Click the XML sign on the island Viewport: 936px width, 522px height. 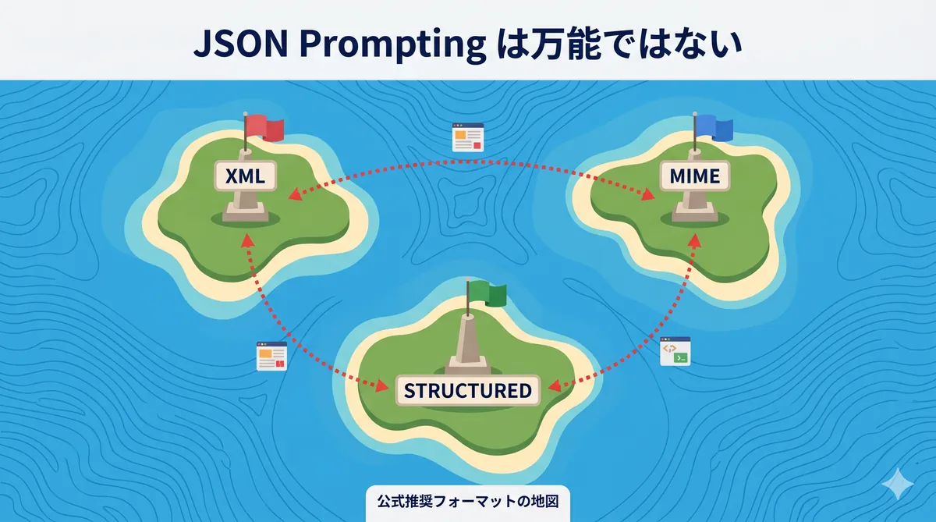[245, 178]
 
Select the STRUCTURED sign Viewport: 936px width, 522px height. [467, 390]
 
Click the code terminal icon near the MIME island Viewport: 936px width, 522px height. [675, 352]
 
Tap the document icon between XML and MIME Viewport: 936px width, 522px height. [468, 137]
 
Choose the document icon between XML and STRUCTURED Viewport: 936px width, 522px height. [271, 356]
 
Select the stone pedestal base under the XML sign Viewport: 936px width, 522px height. [244, 211]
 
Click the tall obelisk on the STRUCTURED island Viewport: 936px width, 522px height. [468, 343]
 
